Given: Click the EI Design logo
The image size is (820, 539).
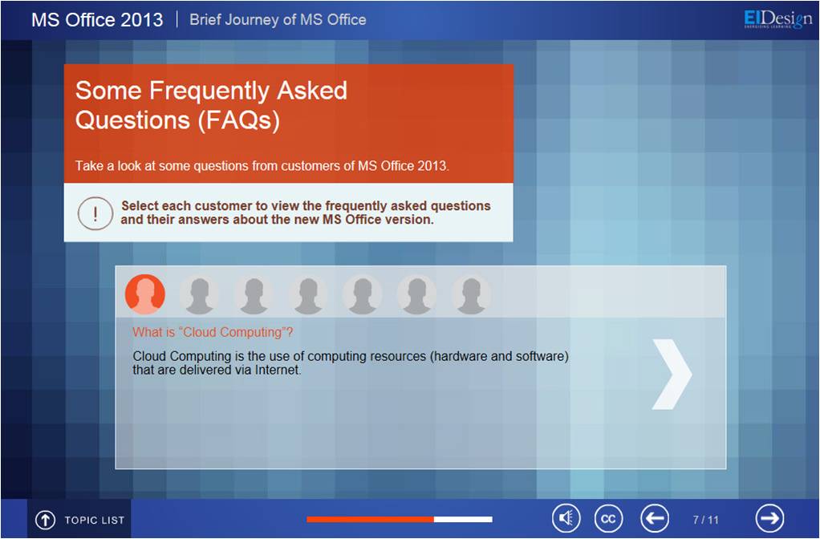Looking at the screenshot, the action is [777, 18].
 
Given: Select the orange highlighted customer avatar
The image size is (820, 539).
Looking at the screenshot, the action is [145, 294].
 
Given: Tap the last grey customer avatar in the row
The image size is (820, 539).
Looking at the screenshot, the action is [471, 295].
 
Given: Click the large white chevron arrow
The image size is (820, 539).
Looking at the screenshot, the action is [672, 375].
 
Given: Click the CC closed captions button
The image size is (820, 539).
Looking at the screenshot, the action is [609, 519].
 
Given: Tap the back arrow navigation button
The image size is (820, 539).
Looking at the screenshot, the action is [655, 519].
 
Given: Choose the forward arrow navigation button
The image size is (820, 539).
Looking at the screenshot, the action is [769, 518].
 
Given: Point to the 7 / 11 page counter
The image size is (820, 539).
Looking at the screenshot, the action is [705, 520].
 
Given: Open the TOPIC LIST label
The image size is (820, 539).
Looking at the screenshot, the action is [94, 521].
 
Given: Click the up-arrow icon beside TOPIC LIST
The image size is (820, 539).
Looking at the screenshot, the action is [45, 520].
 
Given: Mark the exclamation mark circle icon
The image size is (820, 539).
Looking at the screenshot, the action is [95, 213].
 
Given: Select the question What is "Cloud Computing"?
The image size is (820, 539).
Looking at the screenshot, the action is [213, 332].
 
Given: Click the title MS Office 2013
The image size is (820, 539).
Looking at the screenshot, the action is [97, 20].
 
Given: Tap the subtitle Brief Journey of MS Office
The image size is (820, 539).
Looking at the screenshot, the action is [278, 20].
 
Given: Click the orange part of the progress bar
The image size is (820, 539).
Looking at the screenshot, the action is [370, 519].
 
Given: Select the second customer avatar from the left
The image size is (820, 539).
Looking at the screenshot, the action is [199, 295].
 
